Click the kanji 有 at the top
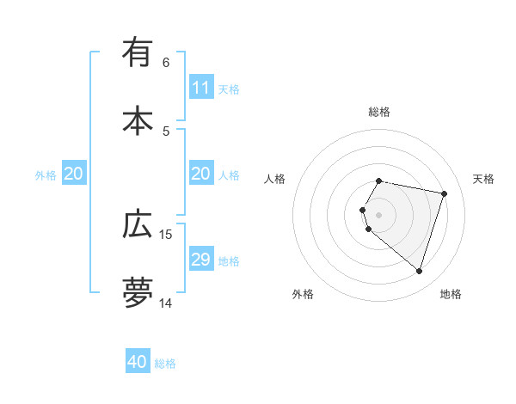(138, 53)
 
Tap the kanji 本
(138, 120)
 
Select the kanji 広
(138, 225)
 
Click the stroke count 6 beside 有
(166, 63)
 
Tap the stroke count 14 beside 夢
(166, 303)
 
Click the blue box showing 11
(201, 88)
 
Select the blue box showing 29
(201, 260)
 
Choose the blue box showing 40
(138, 362)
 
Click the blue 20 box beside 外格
(74, 174)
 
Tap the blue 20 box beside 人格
(201, 174)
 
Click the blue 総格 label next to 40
(165, 364)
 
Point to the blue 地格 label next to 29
(229, 260)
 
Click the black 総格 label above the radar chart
(379, 112)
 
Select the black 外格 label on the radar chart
(303, 294)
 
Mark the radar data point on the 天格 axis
(444, 193)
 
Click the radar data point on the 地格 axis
(419, 272)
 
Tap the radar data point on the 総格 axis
(379, 181)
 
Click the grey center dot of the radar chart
(379, 214)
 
